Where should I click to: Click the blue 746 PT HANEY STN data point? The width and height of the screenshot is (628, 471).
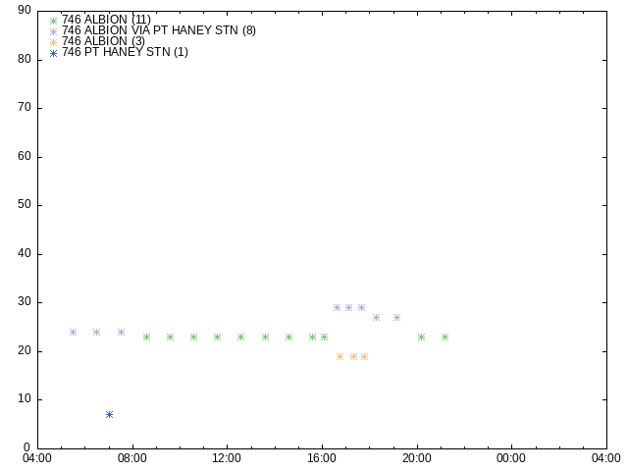tap(109, 414)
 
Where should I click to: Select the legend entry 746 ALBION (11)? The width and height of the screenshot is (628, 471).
tap(106, 20)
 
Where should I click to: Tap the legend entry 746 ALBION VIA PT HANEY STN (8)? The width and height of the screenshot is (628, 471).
tap(159, 30)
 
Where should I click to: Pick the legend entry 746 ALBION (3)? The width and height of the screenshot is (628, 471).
tap(103, 41)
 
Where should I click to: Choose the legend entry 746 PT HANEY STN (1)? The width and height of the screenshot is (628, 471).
tap(125, 52)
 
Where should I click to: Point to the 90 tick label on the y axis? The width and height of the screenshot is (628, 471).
tap(25, 11)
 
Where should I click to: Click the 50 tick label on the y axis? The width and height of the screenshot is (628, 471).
tap(25, 205)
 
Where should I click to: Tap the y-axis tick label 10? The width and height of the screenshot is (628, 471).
tap(25, 399)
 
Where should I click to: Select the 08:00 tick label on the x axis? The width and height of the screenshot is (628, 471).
tap(132, 458)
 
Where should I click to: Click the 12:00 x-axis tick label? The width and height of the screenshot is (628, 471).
tap(227, 458)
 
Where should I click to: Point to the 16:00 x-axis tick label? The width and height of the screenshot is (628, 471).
tap(322, 458)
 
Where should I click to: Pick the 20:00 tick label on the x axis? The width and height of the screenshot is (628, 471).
tap(417, 458)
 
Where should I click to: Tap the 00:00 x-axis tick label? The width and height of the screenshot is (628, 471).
tap(511, 458)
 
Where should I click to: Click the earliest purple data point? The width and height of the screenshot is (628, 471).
tap(73, 332)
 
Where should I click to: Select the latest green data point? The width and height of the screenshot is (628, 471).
tap(445, 338)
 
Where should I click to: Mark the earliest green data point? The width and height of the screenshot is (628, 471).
tap(146, 338)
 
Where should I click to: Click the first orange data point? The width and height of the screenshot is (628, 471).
tap(340, 356)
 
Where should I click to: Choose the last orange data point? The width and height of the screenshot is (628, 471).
tap(364, 356)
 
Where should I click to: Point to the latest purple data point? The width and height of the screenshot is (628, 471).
tap(396, 318)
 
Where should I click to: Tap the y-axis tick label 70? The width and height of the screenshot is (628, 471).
tap(25, 107)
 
